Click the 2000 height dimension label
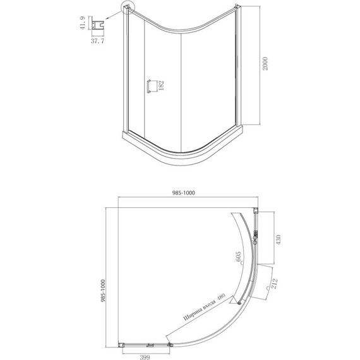pos(265,64)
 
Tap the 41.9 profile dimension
pos(83,23)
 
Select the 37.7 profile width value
pos(97,41)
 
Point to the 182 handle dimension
pos(161,85)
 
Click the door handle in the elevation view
pos(149,87)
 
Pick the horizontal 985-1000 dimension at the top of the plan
pos(183,193)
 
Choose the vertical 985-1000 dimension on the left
pos(103,291)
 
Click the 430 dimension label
pos(278,240)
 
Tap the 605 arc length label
pos(238,256)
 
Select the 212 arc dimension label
pos(274,284)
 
